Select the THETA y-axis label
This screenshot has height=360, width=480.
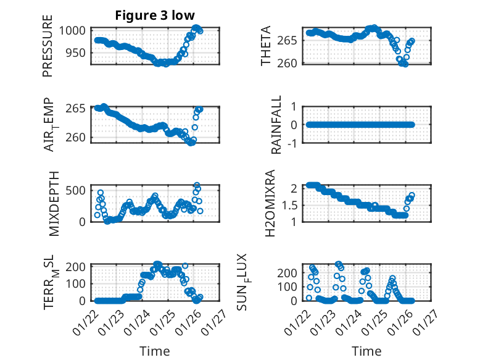point(266,46)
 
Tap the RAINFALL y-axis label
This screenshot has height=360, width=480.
point(277,125)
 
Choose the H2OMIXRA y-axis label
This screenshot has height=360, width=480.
point(270,203)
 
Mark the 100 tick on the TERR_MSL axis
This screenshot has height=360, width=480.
point(78,283)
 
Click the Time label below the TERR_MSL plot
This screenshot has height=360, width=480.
point(154,351)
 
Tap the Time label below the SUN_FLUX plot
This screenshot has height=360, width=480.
point(366,351)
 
